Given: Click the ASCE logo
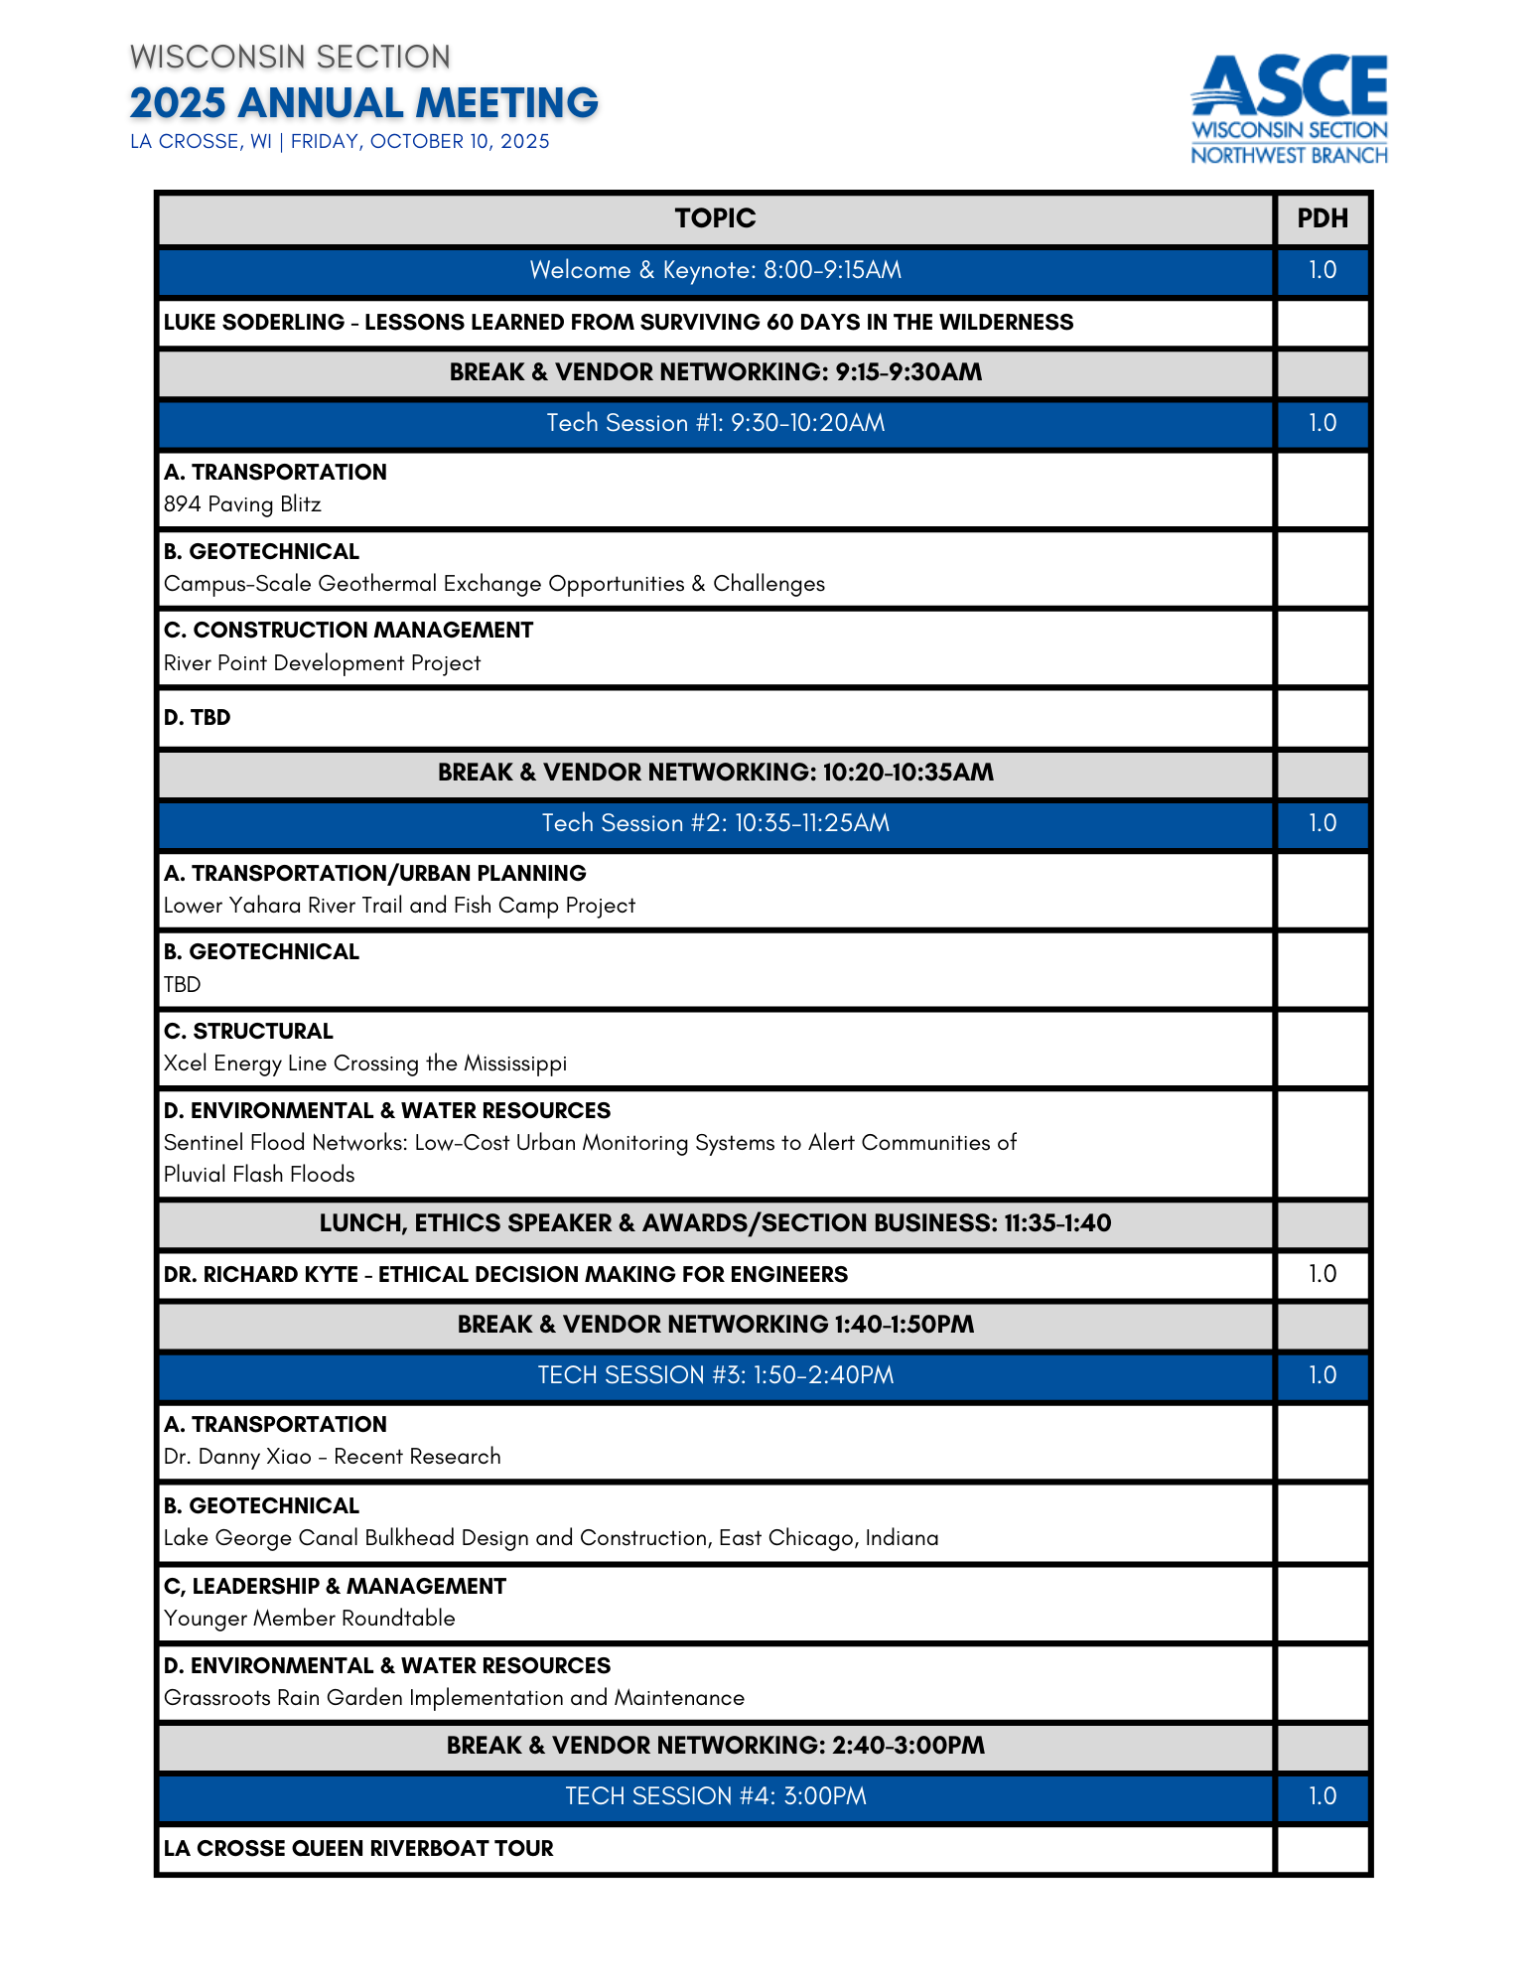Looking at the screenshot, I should pyautogui.click(x=1289, y=108).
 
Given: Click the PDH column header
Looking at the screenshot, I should pyautogui.click(x=1323, y=218).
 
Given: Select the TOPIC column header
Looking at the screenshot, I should pyautogui.click(x=715, y=218).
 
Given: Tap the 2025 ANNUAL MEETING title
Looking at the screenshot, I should pyautogui.click(x=363, y=103).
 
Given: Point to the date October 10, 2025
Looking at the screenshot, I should pyautogui.click(x=420, y=141).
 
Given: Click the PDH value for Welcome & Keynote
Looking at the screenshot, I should pyautogui.click(x=1323, y=270).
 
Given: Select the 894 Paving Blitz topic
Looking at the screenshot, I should pyautogui.click(x=242, y=504).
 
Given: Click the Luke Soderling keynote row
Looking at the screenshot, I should pyautogui.click(x=618, y=322).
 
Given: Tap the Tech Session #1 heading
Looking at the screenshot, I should pyautogui.click(x=715, y=423).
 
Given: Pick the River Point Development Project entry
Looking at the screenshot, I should pyautogui.click(x=322, y=663).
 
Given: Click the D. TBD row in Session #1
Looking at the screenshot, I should pyautogui.click(x=197, y=717).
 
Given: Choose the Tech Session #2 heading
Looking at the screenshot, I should pyautogui.click(x=715, y=823).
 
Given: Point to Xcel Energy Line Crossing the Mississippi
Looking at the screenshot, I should pyautogui.click(x=364, y=1064).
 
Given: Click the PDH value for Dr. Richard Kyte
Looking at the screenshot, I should pyautogui.click(x=1323, y=1274).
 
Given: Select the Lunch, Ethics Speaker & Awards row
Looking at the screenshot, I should pyautogui.click(x=715, y=1223).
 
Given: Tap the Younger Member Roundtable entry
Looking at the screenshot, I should pyautogui.click(x=309, y=1619).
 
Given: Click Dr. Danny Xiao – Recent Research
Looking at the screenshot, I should pyautogui.click(x=332, y=1457).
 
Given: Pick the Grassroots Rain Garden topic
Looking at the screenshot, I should pyautogui.click(x=454, y=1698).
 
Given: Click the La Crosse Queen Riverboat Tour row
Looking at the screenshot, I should pyautogui.click(x=358, y=1848).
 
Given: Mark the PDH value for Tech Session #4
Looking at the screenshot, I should pyautogui.click(x=1323, y=1796).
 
